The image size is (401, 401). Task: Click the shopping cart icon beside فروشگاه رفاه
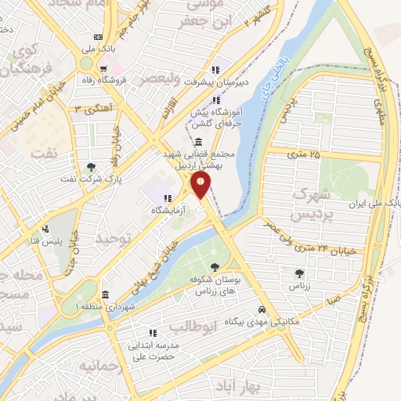pos(105,67)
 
